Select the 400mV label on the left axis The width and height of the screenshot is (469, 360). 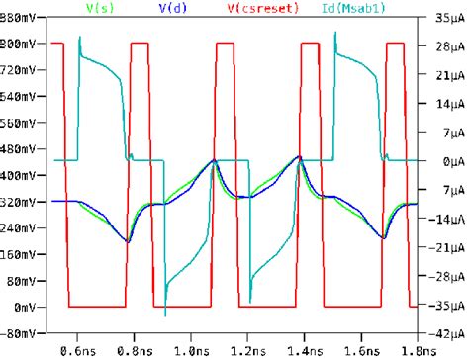pos(25,176)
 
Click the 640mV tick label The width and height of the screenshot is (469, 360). pos(25,97)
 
